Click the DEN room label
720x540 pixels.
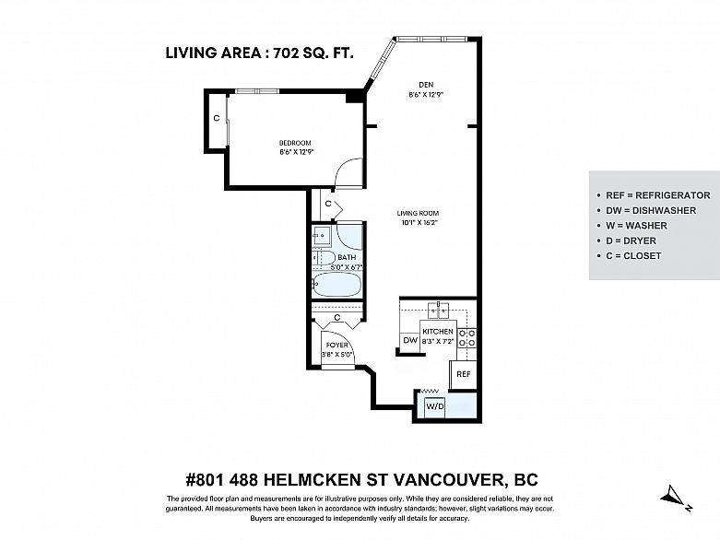click(x=426, y=85)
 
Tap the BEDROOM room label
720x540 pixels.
click(x=295, y=143)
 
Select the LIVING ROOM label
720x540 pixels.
click(x=418, y=213)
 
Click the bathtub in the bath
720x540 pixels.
click(x=337, y=285)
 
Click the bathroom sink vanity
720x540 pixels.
click(x=323, y=235)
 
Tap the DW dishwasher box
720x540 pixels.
click(x=410, y=340)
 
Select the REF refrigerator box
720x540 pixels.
click(x=464, y=374)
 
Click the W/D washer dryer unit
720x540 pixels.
click(x=435, y=406)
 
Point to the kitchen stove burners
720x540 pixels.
click(x=467, y=337)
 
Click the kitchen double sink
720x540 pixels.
click(x=440, y=311)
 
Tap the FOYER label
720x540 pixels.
click(x=337, y=345)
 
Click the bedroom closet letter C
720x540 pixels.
click(x=217, y=118)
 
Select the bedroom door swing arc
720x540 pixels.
click(x=342, y=168)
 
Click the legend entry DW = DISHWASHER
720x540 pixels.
click(x=651, y=211)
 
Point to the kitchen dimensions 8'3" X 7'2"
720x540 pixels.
click(x=438, y=341)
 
